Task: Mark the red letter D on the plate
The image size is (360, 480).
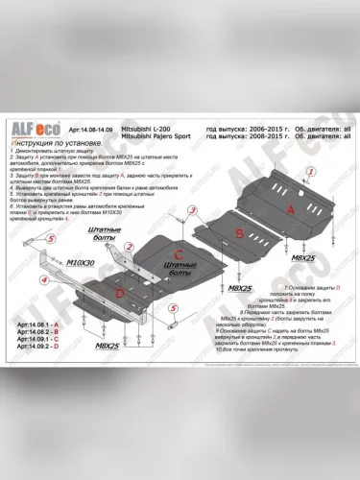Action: click(117, 291)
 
